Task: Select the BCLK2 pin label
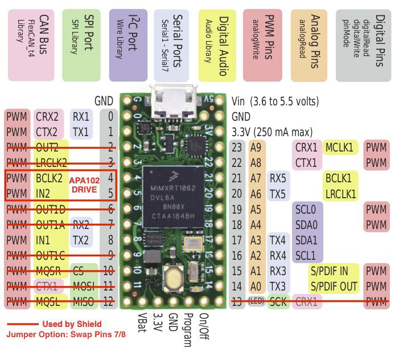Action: (x=49, y=178)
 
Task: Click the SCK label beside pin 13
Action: (x=277, y=300)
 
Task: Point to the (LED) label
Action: (x=255, y=300)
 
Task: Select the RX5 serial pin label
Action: (x=278, y=178)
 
